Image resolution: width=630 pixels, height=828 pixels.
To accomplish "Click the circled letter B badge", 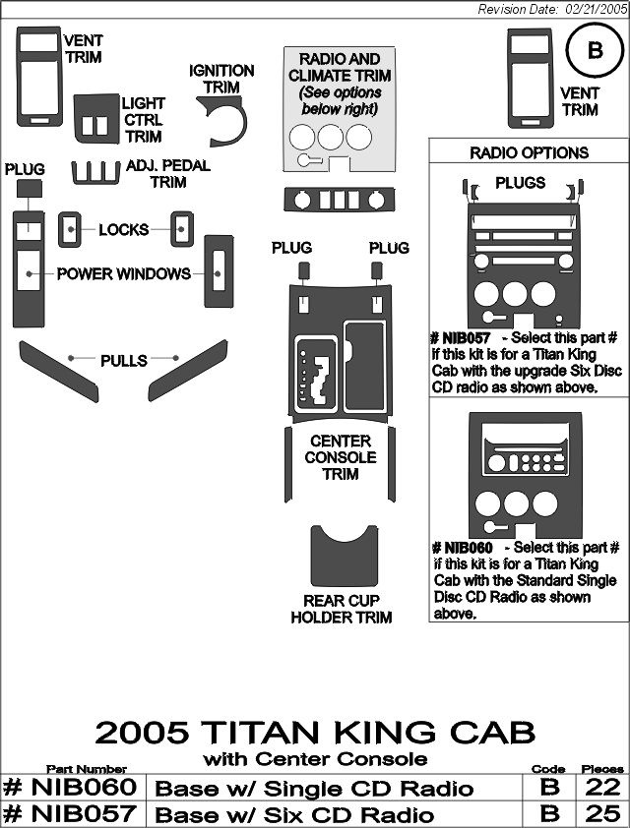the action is click(595, 51).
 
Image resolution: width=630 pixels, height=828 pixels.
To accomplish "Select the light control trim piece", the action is click(96, 119).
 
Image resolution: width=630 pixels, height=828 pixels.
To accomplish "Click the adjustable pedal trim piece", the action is click(95, 174).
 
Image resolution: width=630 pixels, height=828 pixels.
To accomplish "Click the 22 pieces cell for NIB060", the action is click(602, 788).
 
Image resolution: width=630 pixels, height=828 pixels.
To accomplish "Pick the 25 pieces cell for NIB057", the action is click(602, 813).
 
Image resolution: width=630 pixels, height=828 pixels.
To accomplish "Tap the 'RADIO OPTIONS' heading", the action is click(529, 152).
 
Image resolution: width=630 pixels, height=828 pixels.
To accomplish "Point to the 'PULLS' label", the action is click(124, 361).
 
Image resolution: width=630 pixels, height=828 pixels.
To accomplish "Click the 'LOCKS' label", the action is click(124, 230).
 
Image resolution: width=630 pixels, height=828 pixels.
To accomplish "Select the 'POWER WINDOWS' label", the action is click(124, 273).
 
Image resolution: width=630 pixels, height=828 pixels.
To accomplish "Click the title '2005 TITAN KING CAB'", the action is click(315, 732).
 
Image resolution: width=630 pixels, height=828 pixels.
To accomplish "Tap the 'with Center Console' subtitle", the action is click(315, 759).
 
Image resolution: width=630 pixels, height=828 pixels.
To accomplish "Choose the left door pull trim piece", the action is click(59, 371).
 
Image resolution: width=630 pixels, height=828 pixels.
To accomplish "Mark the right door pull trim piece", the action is click(188, 371).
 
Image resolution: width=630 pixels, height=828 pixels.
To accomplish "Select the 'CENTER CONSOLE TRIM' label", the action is click(341, 457).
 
